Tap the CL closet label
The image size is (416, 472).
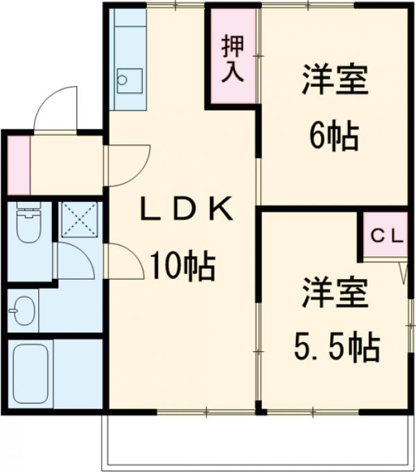[x=385, y=235]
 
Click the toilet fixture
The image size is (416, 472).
[x=28, y=224]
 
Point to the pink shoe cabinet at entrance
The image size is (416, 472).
[x=19, y=165]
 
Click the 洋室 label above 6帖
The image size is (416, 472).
[x=334, y=81]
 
